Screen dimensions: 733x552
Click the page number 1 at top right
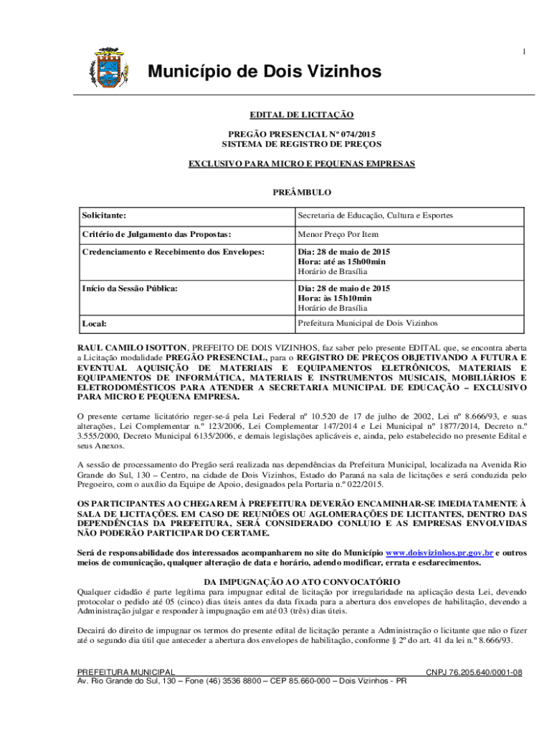click(524, 51)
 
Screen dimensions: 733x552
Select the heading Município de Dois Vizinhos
click(265, 72)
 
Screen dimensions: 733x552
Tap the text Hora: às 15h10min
click(335, 298)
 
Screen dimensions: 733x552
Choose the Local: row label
click(94, 324)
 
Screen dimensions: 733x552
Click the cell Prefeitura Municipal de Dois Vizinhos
click(368, 323)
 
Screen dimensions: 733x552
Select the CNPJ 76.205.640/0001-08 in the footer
click(474, 672)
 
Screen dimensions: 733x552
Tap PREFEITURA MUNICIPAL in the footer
click(126, 672)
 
